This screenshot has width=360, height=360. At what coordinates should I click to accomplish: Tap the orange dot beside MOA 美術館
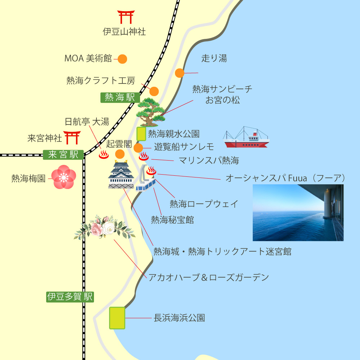(x=122, y=59)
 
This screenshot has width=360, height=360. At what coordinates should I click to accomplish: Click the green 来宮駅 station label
(x=63, y=155)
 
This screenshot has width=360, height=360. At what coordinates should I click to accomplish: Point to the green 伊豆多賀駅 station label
(x=70, y=297)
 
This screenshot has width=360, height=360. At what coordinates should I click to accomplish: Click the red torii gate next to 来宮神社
(x=72, y=137)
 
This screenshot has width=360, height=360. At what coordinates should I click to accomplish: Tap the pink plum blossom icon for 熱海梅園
(x=64, y=177)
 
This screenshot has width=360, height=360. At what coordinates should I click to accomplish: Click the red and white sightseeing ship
(x=246, y=138)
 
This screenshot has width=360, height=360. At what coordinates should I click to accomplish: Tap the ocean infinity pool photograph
(x=298, y=212)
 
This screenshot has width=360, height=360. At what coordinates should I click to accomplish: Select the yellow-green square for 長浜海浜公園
(x=117, y=318)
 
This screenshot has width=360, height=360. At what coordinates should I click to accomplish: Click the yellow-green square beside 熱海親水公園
(x=141, y=134)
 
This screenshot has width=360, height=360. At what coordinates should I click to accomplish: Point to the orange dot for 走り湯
(x=180, y=73)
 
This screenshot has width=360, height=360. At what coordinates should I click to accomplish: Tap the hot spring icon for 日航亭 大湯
(x=104, y=155)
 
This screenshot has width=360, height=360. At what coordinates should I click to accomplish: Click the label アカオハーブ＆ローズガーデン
(x=209, y=277)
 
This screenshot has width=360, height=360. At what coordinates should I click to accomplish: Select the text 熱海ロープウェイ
(x=204, y=204)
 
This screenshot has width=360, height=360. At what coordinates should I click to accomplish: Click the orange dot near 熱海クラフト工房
(x=154, y=91)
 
